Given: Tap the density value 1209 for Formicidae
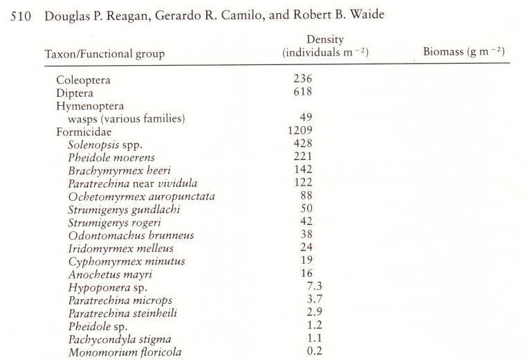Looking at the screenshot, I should pos(301,130).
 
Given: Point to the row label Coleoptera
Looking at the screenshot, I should pos(83,80).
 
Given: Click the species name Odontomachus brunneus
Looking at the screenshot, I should pos(131,235).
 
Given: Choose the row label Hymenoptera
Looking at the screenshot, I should pos(90,106).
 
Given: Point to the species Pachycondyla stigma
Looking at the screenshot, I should pos(119,339).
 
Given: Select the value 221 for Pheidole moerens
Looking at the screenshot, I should pos(302,156).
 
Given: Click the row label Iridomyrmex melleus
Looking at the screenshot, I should pos(120,248).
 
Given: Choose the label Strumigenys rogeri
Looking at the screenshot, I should pos(114,222).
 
